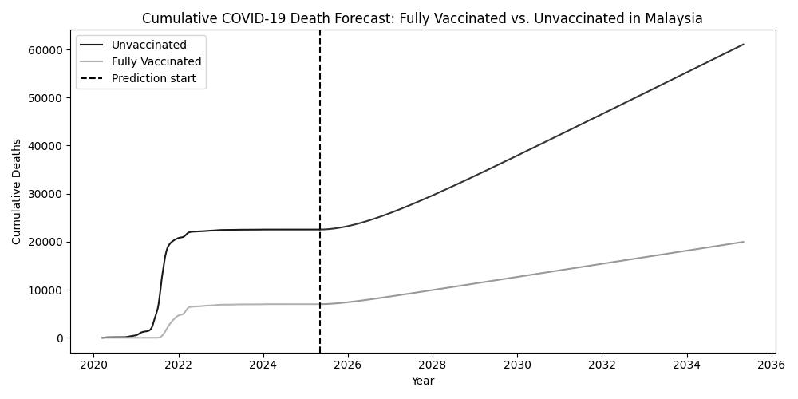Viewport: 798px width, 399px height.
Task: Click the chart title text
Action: [x=422, y=18]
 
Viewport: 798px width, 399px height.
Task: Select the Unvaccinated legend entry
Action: [x=148, y=45]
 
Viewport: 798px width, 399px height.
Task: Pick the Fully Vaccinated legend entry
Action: [x=156, y=61]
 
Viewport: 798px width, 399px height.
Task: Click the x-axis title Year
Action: [x=422, y=381]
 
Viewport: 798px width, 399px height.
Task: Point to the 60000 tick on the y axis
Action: [x=45, y=50]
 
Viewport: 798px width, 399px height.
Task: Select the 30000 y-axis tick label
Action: [x=45, y=194]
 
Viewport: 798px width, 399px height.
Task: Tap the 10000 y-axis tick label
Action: [x=45, y=290]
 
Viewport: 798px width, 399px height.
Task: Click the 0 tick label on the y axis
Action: [x=59, y=338]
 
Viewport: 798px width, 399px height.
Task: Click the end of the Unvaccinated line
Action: [x=744, y=45]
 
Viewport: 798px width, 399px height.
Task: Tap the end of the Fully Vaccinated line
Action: [x=744, y=242]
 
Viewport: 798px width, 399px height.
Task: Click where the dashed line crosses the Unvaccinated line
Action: [x=320, y=230]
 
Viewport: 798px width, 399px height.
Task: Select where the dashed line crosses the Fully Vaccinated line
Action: [x=320, y=304]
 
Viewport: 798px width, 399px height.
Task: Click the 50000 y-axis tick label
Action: [x=45, y=98]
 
